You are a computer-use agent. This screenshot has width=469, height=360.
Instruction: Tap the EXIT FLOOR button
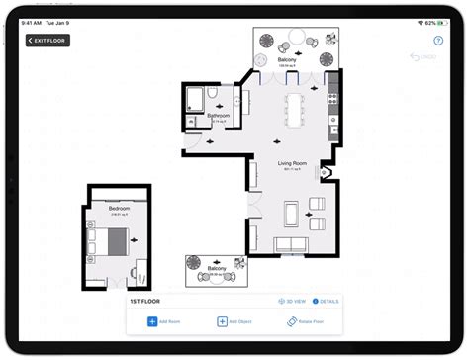coord(48,41)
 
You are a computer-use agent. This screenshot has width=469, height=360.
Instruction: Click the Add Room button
coord(165,321)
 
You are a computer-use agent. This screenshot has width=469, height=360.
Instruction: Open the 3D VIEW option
coord(292,301)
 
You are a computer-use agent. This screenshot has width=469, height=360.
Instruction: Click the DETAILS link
coord(326,301)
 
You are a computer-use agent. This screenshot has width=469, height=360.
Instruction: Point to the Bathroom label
coord(218,116)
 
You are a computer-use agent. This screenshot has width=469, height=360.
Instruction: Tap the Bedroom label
coord(118,211)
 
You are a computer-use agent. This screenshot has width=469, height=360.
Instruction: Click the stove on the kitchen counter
coord(333,97)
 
